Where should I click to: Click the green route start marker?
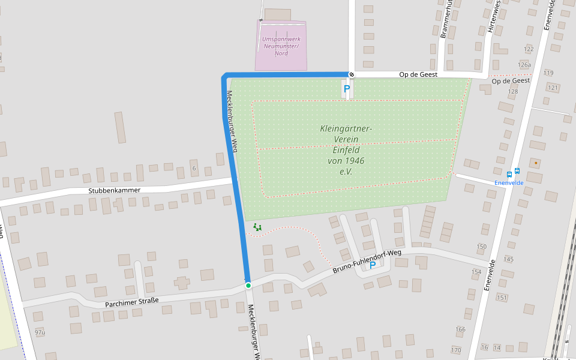pyautogui.click(x=248, y=286)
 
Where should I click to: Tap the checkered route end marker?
pyautogui.click(x=352, y=75)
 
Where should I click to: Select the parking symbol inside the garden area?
pyautogui.click(x=347, y=89)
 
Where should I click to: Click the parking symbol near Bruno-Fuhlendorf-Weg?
pyautogui.click(x=372, y=265)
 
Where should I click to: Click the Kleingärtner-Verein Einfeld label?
pyautogui.click(x=346, y=150)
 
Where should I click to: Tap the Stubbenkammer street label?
pyautogui.click(x=114, y=191)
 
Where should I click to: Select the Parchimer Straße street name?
pyautogui.click(x=131, y=301)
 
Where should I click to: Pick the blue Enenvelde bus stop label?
pyautogui.click(x=509, y=182)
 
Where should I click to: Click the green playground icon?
pyautogui.click(x=257, y=227)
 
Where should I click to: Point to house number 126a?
pyautogui.click(x=524, y=65)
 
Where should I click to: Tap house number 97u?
pyautogui.click(x=40, y=332)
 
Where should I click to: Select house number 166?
pyautogui.click(x=460, y=329)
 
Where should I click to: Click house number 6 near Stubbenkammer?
pyautogui.click(x=194, y=168)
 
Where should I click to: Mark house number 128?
pyautogui.click(x=512, y=92)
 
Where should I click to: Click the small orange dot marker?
pyautogui.click(x=536, y=163)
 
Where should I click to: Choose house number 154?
pyautogui.click(x=476, y=272)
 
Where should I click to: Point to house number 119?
pyautogui.click(x=548, y=73)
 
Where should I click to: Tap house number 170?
pyautogui.click(x=456, y=350)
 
